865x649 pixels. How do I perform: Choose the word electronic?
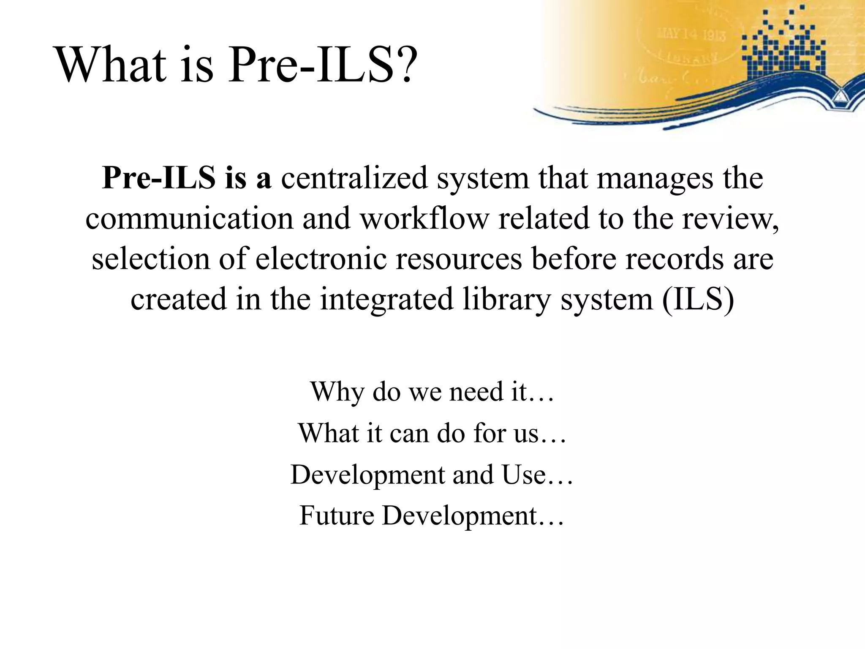[321, 259]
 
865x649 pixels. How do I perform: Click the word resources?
[459, 259]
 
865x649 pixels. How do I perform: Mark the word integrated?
[386, 299]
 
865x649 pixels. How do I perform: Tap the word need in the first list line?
[476, 391]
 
